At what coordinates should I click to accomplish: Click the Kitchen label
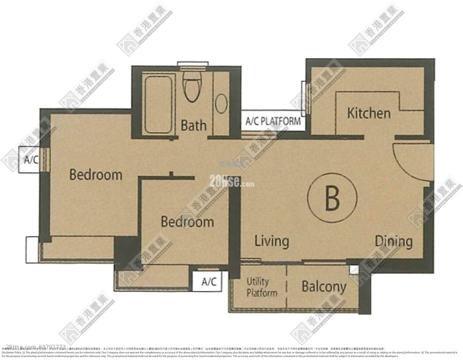point(369,113)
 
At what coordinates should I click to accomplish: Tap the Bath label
point(194,125)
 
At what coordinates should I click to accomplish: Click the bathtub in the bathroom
point(159,104)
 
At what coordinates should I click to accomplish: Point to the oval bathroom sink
point(221,104)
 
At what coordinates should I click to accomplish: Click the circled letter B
point(332,198)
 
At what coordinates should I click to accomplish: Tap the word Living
point(272,241)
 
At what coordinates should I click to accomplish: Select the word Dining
point(394,242)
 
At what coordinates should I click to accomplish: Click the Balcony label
point(324,287)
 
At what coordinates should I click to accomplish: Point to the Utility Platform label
point(262,287)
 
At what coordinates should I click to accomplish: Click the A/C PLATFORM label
point(273,121)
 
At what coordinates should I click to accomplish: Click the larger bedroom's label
point(96,175)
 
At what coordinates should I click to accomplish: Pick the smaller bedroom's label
point(187,222)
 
